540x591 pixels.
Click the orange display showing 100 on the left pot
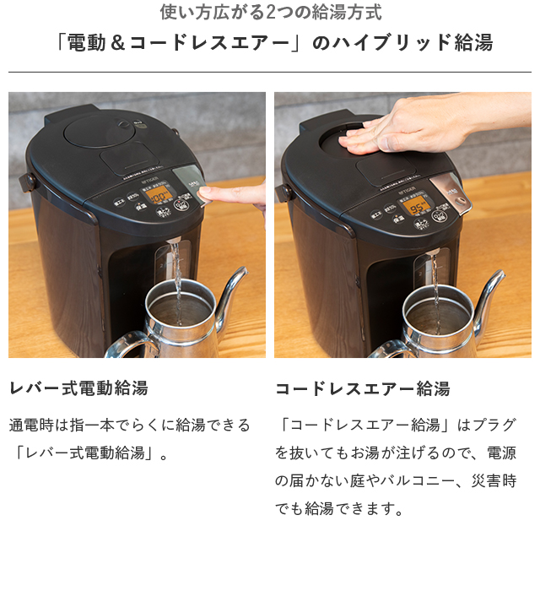pyautogui.click(x=158, y=196)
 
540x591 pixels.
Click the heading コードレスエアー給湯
pyautogui.click(x=362, y=388)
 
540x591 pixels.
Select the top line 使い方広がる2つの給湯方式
pyautogui.click(x=270, y=13)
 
